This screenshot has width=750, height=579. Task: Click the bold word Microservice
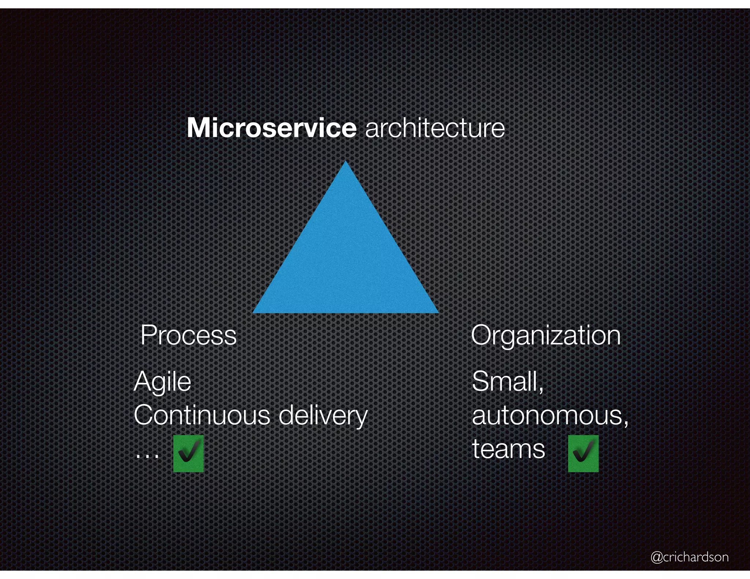(271, 128)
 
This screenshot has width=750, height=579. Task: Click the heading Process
(189, 335)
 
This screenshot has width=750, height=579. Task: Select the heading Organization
(546, 335)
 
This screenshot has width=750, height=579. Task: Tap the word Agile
(163, 382)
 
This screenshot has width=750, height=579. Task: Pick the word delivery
(323, 416)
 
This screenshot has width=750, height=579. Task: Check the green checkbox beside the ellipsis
(188, 453)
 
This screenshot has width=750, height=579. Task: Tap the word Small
(505, 381)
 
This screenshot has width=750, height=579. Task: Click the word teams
(509, 449)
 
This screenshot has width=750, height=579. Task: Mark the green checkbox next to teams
(583, 453)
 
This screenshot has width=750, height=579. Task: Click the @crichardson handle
(689, 557)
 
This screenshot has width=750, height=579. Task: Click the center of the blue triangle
(346, 262)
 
